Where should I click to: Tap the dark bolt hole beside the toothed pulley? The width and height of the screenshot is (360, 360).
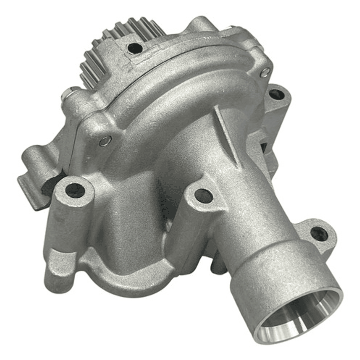coord(134,48)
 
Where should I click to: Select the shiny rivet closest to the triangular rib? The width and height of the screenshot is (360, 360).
coord(264,73)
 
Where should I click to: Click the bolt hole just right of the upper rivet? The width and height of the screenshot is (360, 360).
coord(276,93)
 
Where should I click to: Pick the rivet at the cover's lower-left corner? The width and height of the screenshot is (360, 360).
coord(105,141)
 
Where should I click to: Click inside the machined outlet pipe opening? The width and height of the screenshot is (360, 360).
coord(295,320)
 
